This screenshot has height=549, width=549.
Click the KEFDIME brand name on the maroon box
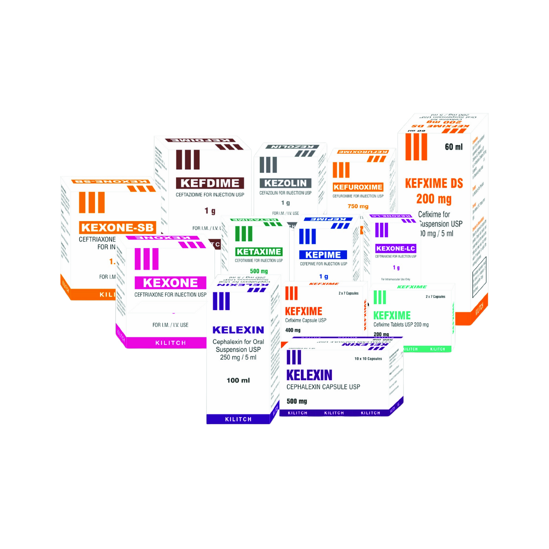[x=210, y=183]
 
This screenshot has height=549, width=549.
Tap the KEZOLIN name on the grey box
[x=285, y=183]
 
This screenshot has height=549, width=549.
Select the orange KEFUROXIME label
[x=358, y=187]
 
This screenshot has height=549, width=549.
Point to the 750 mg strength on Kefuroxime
[x=358, y=206]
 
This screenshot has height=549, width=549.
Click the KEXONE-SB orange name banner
[x=117, y=228]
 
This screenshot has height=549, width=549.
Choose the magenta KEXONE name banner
[x=170, y=283]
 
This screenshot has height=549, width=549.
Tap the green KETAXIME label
[x=259, y=252]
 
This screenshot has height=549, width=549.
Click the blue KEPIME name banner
[x=323, y=255]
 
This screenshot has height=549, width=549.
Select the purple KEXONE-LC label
[x=396, y=249]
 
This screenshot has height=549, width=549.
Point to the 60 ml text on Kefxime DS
[x=454, y=147]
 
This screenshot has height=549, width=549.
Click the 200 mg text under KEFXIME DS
[x=434, y=199]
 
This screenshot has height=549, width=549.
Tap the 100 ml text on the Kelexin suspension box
[x=238, y=381]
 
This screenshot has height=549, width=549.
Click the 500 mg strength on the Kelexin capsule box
[x=297, y=401]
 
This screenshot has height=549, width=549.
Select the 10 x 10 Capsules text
[x=368, y=359]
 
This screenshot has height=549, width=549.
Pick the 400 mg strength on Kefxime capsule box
[x=293, y=330]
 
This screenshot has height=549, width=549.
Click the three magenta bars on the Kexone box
[x=146, y=259]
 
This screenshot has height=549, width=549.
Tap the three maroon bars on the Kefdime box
[x=188, y=160]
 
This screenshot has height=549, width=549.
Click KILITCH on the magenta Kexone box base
[x=170, y=343]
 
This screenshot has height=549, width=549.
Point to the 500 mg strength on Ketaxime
[x=259, y=271]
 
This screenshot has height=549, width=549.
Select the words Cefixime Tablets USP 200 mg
[x=401, y=325]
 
